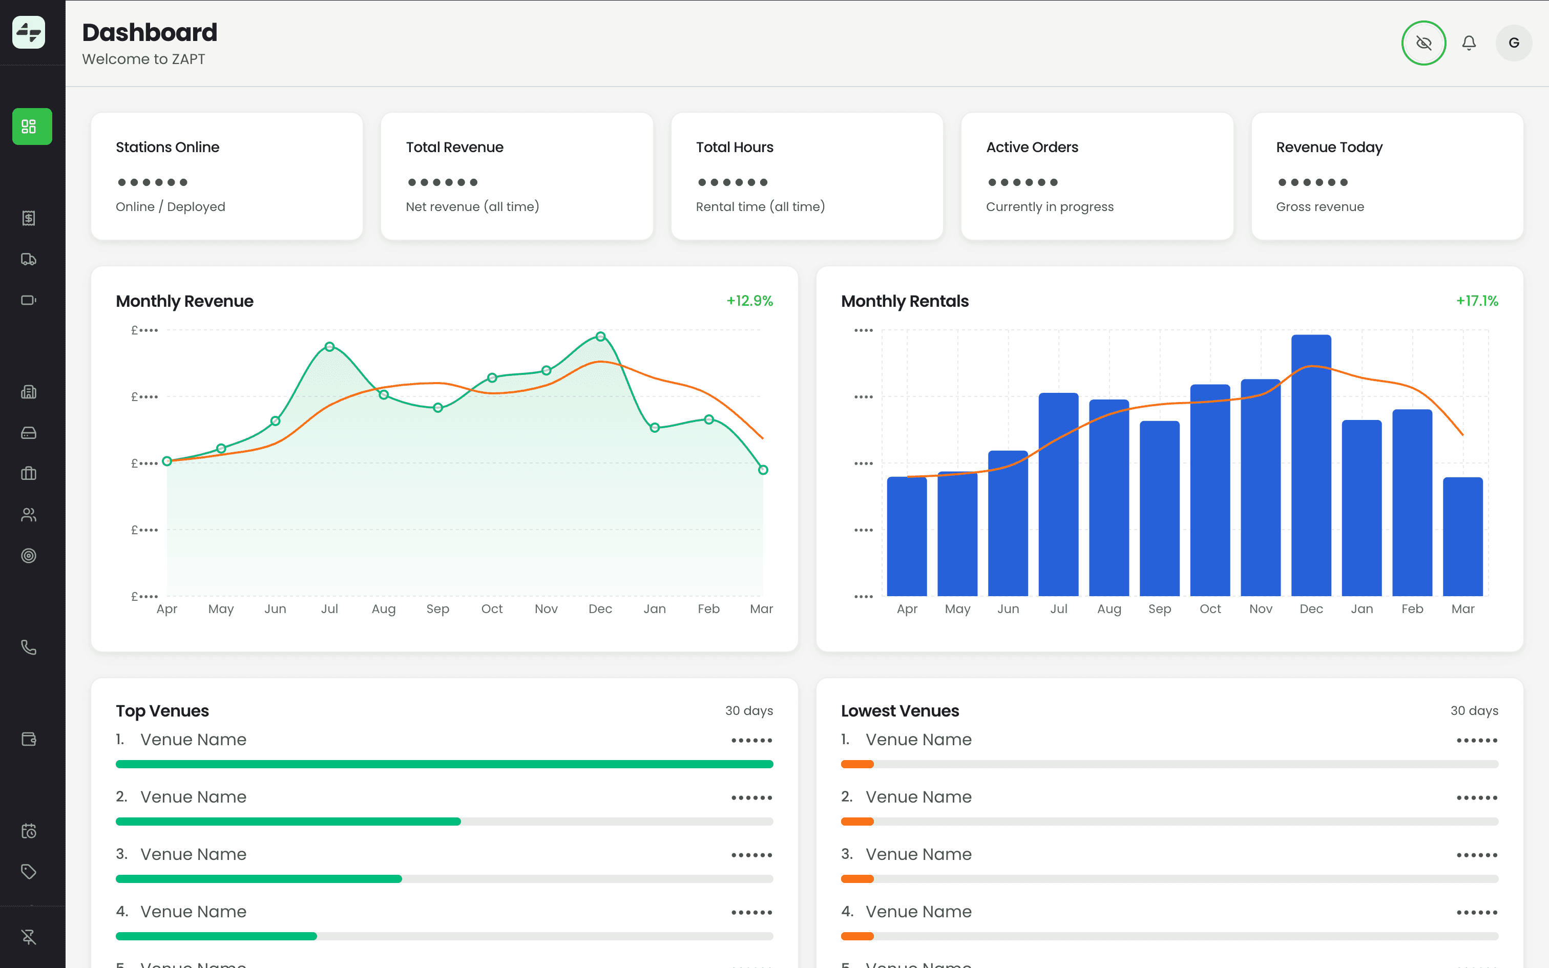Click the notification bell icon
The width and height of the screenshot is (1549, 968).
coord(1469,43)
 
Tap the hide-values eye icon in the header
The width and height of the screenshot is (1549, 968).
coord(1424,43)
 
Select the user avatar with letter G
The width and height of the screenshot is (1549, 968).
coord(1513,43)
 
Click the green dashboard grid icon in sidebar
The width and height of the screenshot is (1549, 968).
coord(32,126)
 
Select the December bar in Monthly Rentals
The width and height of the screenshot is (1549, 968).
coord(1311,466)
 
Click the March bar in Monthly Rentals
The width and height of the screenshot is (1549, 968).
coord(1462,537)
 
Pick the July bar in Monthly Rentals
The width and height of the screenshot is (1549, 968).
coord(1058,494)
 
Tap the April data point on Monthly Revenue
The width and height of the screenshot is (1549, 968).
coord(167,461)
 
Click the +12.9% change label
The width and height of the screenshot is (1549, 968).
coord(749,301)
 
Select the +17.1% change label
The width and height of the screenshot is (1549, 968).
coord(1477,301)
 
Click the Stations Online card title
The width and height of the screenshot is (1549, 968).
coord(168,148)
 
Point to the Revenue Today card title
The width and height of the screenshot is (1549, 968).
coord(1329,148)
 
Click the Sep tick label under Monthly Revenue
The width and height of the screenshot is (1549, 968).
coord(438,609)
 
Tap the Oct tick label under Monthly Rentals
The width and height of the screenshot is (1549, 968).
coord(1210,609)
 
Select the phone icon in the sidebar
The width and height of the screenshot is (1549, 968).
coord(29,647)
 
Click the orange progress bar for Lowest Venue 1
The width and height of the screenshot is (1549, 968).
coord(857,764)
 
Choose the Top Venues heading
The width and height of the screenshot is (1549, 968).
coord(162,711)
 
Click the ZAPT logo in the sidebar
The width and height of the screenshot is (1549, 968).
coord(29,32)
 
